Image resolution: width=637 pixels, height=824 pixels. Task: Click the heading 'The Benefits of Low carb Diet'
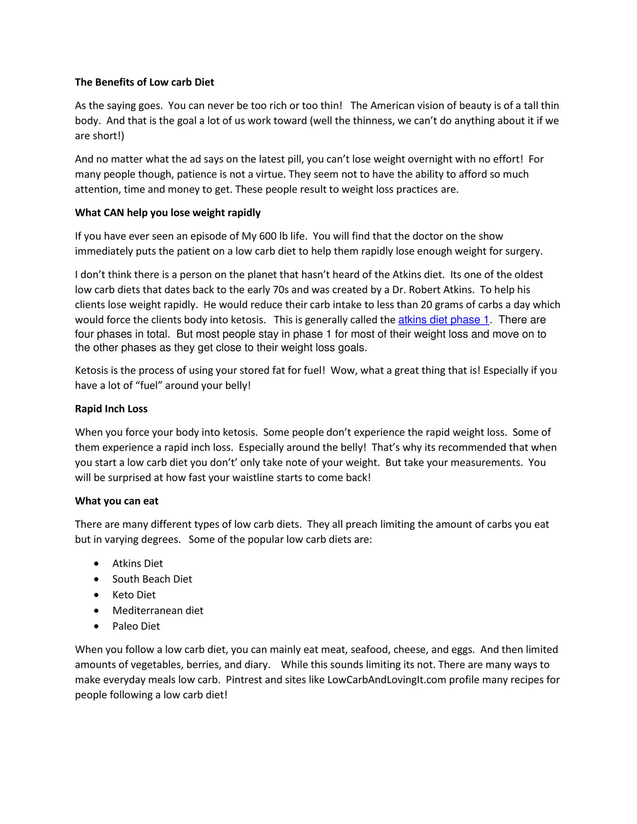click(145, 82)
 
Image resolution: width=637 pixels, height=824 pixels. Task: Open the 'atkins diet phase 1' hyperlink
click(443, 320)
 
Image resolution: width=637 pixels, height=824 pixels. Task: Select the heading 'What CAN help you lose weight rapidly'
click(168, 213)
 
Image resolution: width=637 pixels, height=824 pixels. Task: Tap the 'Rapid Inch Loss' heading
click(111, 409)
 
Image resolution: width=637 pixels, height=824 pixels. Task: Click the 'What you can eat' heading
click(116, 501)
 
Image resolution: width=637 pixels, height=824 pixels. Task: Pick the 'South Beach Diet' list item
click(152, 579)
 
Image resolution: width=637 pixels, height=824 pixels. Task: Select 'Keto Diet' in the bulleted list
click(134, 595)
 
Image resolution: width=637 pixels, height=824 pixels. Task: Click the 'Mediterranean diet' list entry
click(158, 611)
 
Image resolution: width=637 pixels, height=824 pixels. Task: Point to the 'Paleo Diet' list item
click(136, 626)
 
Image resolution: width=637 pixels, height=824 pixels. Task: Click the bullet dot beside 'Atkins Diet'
click(96, 564)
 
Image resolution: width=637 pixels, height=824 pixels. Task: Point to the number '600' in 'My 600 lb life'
click(268, 236)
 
